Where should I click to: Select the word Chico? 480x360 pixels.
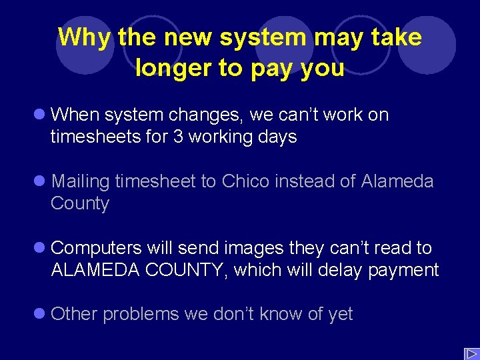[x=247, y=181]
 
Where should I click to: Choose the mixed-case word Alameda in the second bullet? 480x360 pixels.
[x=397, y=181]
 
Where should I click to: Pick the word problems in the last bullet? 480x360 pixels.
[x=141, y=315]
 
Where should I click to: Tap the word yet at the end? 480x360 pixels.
[x=340, y=315]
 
